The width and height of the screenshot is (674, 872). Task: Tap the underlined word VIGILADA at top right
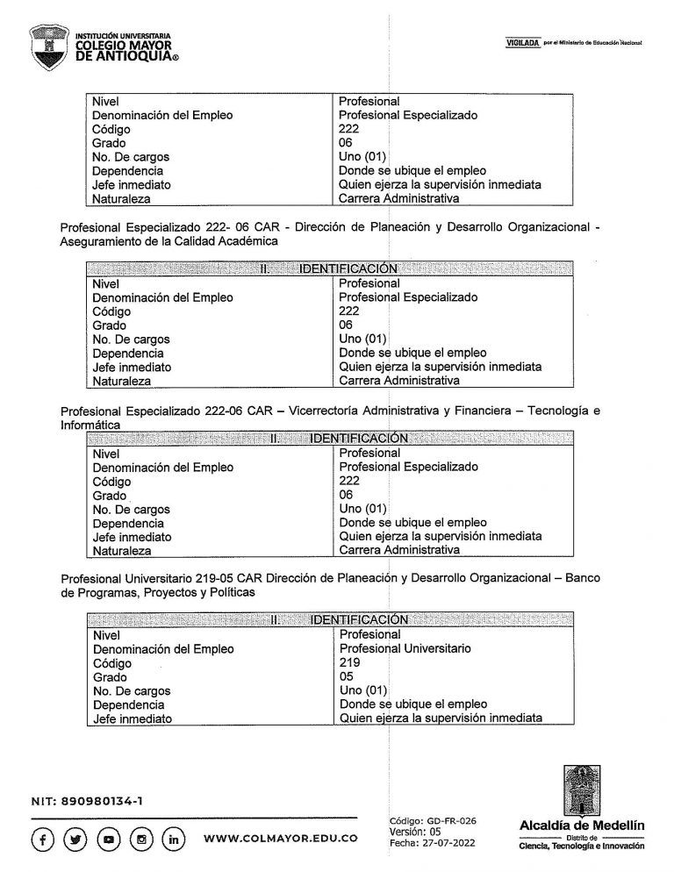click(522, 42)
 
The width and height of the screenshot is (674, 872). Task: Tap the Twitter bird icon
click(75, 838)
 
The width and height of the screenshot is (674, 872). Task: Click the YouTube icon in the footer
click(109, 838)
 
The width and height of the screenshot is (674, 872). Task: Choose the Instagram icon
click(142, 838)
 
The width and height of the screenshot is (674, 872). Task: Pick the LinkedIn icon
click(175, 838)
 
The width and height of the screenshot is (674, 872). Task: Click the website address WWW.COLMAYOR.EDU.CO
click(280, 839)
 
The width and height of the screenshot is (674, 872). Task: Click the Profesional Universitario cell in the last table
click(405, 648)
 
